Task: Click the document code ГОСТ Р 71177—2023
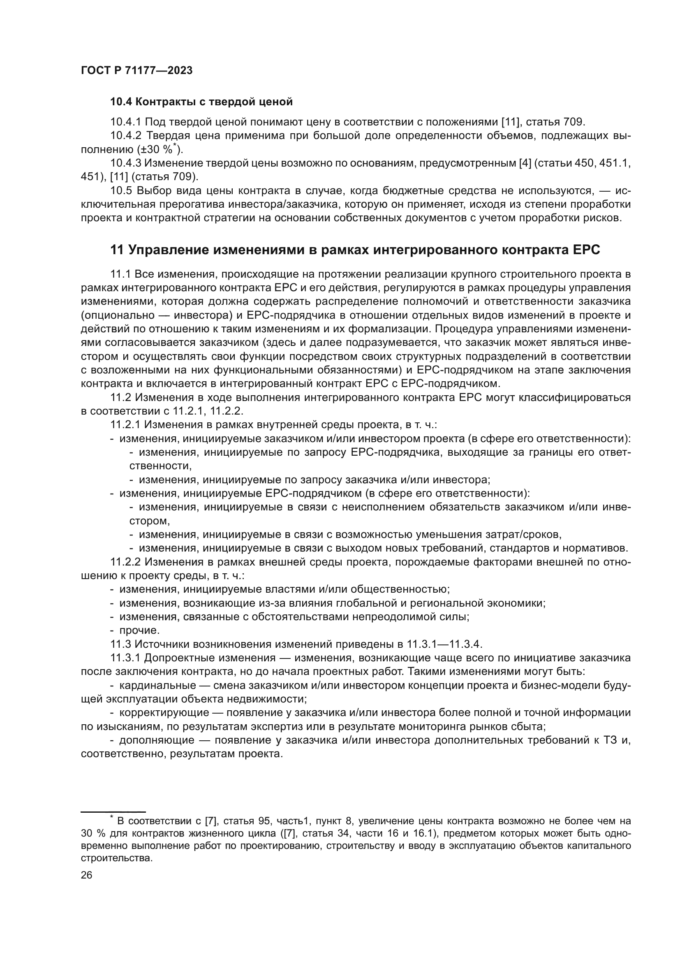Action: [x=136, y=70]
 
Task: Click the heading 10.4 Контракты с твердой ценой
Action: [x=201, y=102]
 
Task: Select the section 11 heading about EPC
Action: [x=355, y=250]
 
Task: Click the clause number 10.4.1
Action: [x=126, y=122]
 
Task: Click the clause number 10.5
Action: [x=121, y=191]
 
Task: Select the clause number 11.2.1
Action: [x=126, y=425]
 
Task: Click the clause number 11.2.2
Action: [x=126, y=562]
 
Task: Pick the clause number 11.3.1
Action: [x=126, y=658]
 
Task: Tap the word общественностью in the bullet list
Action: [x=400, y=589]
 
